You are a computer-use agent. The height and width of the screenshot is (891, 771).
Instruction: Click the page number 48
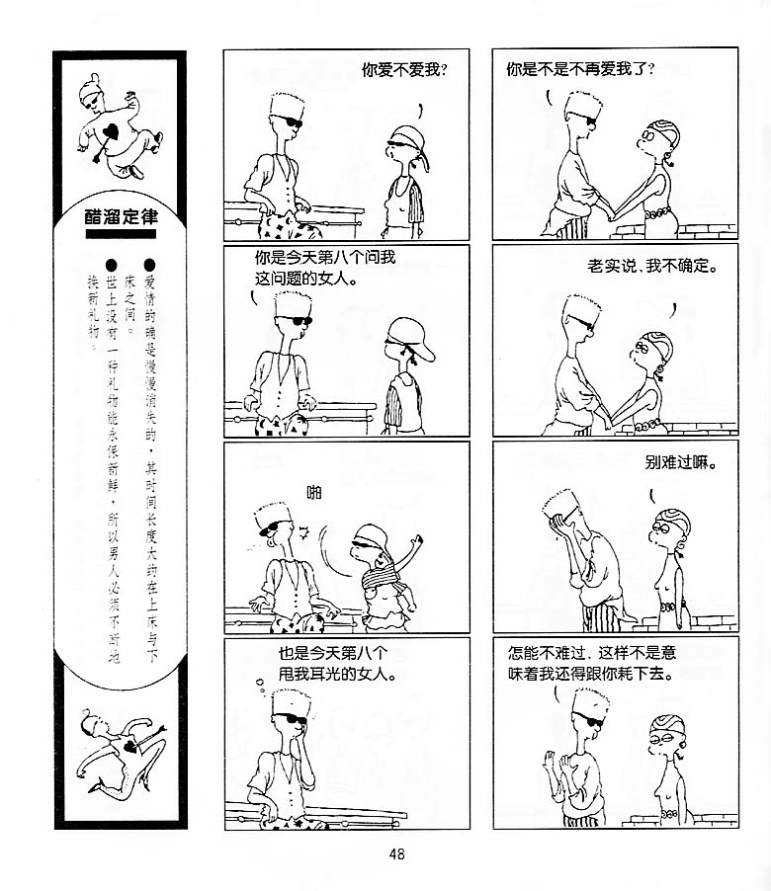pos(396,853)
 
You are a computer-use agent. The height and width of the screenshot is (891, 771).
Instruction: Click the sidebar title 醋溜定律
pos(122,216)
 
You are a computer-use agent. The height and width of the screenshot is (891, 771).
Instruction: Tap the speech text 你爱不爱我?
pos(404,70)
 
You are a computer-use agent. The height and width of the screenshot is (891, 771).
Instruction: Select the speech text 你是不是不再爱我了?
pos(580,69)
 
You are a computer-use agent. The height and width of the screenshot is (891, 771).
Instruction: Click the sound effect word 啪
pos(314,492)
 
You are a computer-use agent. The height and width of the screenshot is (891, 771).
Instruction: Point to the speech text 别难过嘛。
pos(681,462)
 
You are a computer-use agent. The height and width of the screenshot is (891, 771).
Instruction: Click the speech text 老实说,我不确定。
pos(652,266)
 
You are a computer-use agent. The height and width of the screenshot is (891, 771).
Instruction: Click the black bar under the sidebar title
pos(121,233)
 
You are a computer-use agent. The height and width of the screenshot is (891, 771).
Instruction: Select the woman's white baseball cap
pos(410,337)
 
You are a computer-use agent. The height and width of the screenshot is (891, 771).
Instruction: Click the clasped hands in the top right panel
pos(611,213)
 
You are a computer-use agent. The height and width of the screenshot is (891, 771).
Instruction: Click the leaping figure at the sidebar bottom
pos(120,749)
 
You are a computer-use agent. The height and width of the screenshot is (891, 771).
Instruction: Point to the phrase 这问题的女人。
pos(305,279)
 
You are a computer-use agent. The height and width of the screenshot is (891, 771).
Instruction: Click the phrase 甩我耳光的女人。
pos(337,674)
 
